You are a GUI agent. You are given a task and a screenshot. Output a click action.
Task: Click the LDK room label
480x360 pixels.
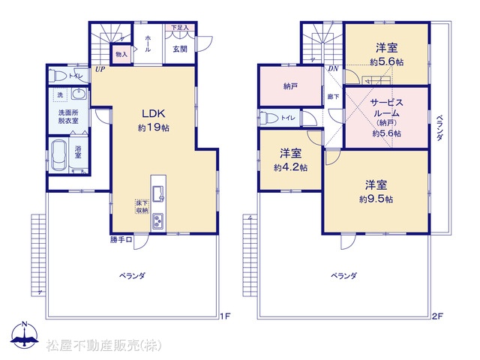pos(153,113)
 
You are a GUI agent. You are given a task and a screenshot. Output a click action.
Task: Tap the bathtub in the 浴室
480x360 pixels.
pos(58,155)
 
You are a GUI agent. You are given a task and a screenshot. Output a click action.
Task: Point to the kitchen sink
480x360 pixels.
pos(158,194)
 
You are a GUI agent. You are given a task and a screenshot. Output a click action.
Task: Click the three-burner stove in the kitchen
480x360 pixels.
pos(158,221)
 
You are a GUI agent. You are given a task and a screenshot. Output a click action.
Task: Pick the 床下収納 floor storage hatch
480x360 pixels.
pos(142,207)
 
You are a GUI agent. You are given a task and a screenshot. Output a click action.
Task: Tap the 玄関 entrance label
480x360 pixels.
pos(180,49)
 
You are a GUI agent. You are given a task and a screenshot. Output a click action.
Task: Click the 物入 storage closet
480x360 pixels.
pos(121,55)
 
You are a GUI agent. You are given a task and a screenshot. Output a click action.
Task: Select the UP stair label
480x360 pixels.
pos(100,69)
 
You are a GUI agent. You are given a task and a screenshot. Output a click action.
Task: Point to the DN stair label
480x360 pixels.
pos(333,69)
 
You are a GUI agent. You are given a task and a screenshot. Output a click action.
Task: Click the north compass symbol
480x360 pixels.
pos(25,335)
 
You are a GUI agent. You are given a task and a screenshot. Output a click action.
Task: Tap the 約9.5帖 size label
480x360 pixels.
pos(376,199)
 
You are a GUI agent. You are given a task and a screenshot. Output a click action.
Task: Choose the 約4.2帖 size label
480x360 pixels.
pos(290,167)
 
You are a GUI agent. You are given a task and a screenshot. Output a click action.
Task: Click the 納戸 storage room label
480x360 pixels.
pos(290,87)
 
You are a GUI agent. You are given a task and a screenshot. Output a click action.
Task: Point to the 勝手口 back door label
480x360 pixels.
pos(121,240)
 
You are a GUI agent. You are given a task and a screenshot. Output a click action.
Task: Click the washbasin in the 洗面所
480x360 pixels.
pos(79,94)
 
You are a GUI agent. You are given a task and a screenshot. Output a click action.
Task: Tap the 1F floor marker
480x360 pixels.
pos(225,316)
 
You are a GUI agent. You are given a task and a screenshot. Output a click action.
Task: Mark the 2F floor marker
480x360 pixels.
pos(437,316)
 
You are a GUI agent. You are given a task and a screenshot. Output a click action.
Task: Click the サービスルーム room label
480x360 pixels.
pos(387,108)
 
